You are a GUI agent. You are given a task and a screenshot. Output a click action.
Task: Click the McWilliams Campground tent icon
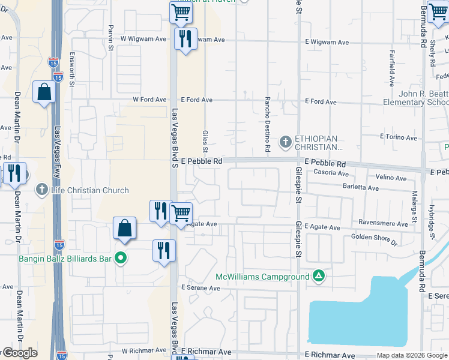319,276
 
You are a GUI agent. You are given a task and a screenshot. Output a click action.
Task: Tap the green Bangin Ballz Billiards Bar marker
121,259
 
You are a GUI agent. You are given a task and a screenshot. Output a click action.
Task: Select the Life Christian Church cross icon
42,190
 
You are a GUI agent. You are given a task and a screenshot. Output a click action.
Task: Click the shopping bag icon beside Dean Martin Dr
44,92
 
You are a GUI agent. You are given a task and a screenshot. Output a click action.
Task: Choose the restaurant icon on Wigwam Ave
185,39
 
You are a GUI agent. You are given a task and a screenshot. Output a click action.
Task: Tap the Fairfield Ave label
391,68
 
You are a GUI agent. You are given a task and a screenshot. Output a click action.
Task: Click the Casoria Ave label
331,173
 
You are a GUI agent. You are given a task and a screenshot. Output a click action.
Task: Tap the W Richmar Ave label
143,351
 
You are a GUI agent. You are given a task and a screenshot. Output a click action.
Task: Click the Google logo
19,353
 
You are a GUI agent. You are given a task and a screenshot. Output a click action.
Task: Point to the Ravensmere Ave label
383,223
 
